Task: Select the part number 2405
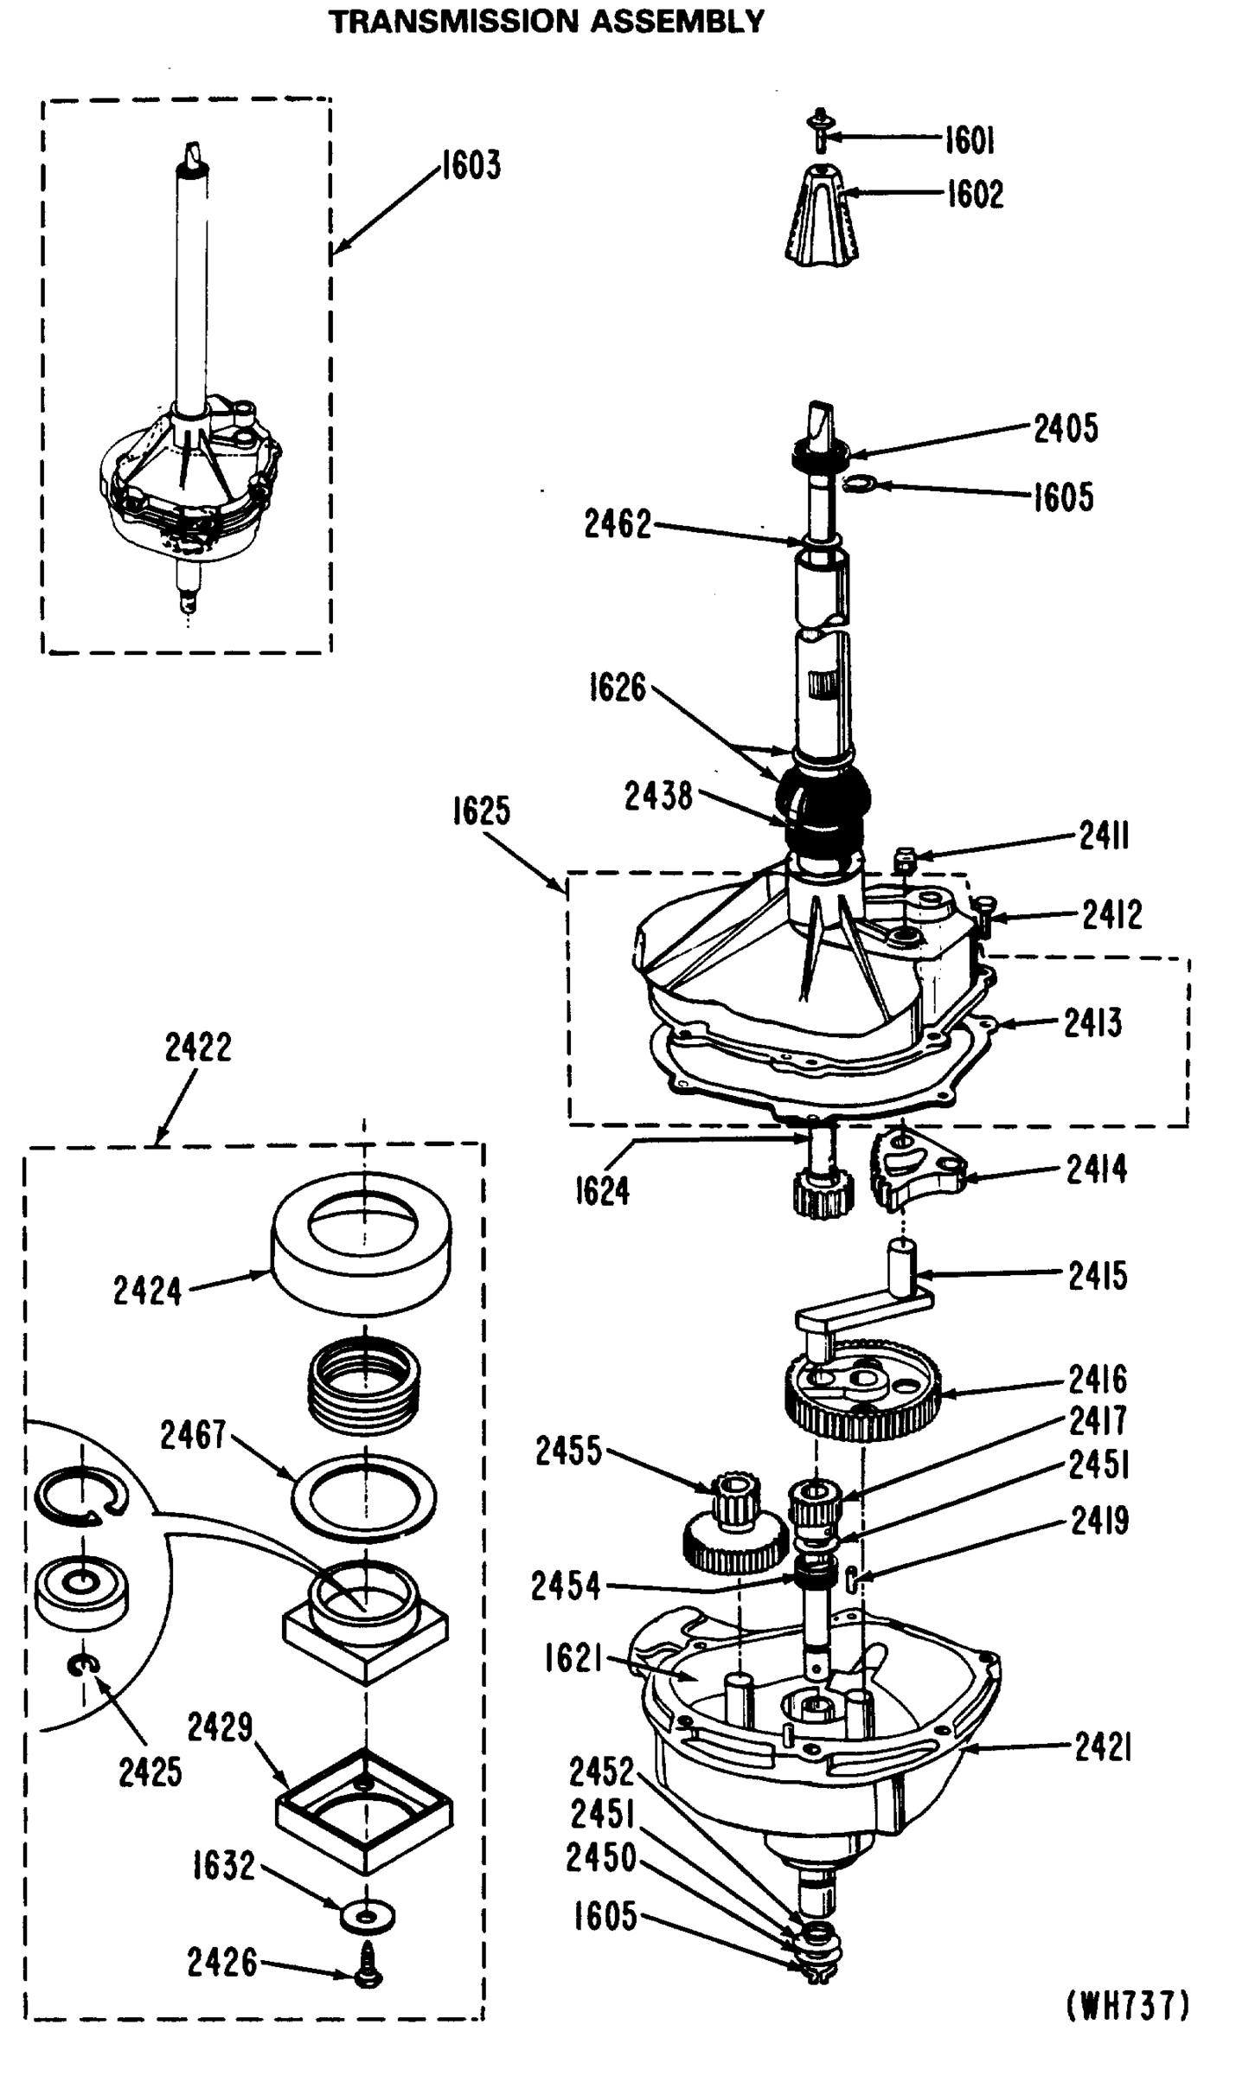tap(1066, 427)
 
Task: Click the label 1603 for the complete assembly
tap(471, 165)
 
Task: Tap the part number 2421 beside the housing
tap(1103, 1748)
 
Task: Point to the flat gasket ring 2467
tap(364, 1496)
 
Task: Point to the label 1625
tap(482, 811)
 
